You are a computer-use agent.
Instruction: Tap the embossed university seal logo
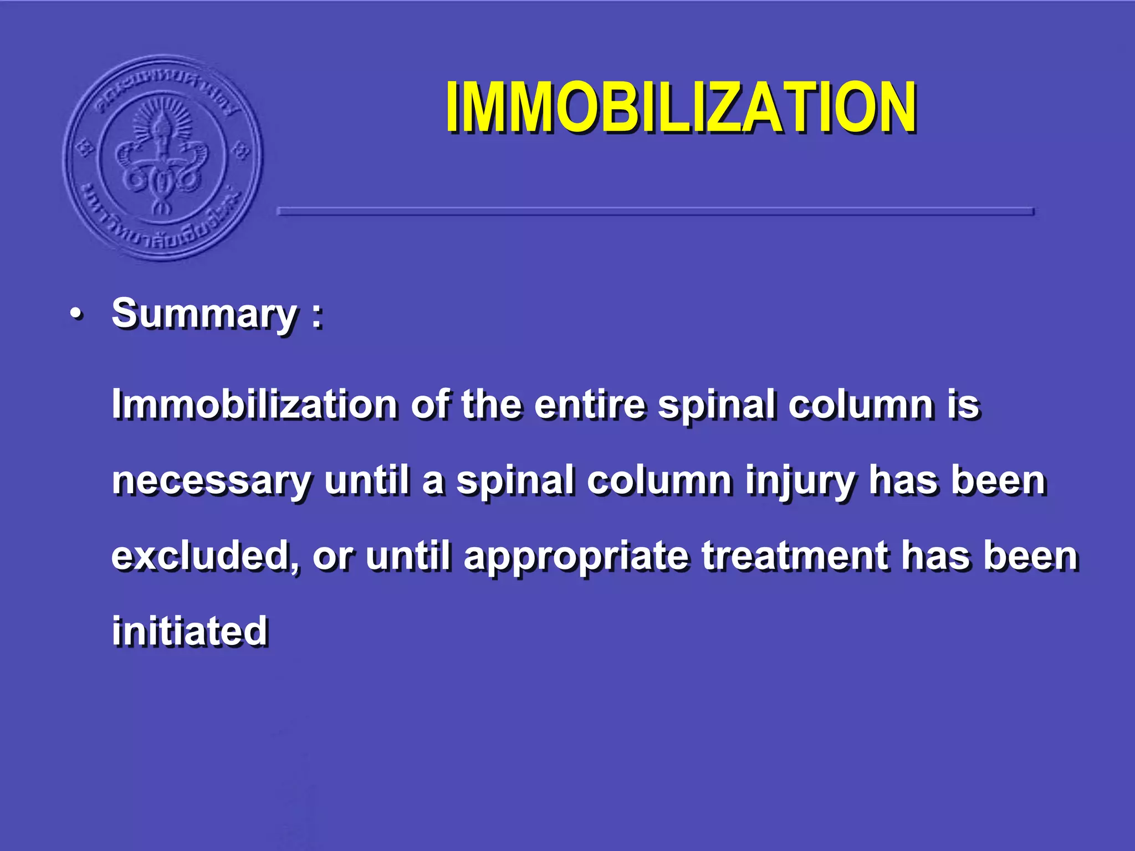[162, 158]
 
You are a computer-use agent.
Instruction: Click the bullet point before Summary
[77, 315]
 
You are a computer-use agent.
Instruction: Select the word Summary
[204, 314]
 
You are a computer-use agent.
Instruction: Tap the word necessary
[212, 480]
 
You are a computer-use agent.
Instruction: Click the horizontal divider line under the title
[655, 211]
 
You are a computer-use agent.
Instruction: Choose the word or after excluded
[332, 556]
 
